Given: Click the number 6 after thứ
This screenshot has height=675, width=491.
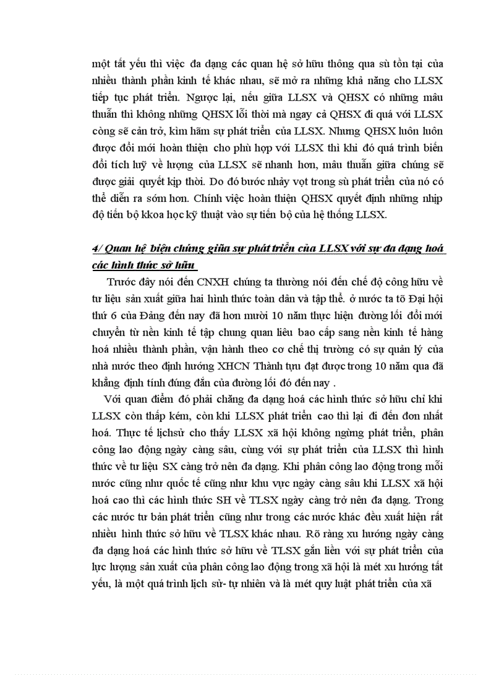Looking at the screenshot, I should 117,316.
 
